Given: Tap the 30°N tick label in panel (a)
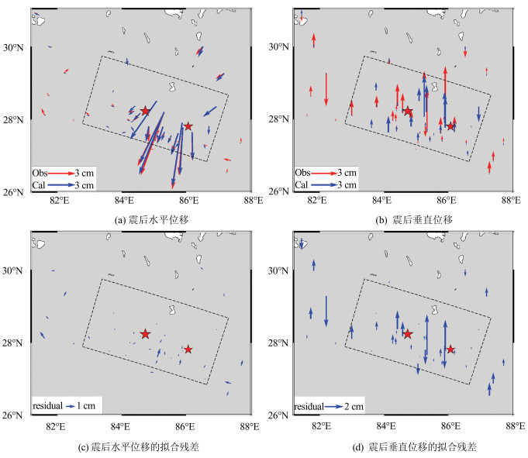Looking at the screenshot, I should click(16, 47).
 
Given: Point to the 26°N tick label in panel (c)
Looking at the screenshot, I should click(16, 415).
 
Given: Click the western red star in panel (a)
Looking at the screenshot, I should click(145, 112).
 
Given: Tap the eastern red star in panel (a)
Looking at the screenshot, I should click(188, 126).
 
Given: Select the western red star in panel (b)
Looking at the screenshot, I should click(408, 112).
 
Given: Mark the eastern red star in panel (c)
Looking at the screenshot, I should click(188, 350).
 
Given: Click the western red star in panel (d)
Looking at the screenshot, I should click(408, 334).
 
